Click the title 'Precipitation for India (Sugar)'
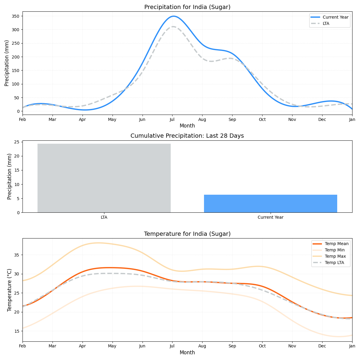187,7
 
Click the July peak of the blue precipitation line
173,16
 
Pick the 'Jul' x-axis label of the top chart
172,120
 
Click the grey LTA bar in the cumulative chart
104,178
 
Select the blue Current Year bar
270,204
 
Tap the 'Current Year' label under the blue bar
270,217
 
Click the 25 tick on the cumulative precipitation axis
17,142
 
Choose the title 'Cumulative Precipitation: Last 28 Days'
187,136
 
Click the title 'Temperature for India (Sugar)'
187,234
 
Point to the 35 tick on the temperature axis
17,255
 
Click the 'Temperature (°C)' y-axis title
10,290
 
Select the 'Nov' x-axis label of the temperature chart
292,346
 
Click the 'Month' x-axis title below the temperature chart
187,353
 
